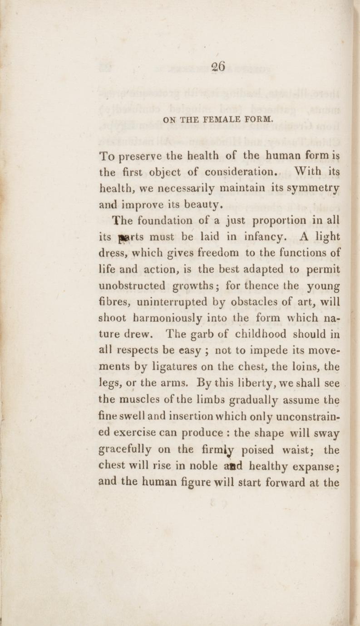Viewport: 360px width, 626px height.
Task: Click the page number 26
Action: coord(218,66)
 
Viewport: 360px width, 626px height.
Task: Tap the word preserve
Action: coord(139,158)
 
